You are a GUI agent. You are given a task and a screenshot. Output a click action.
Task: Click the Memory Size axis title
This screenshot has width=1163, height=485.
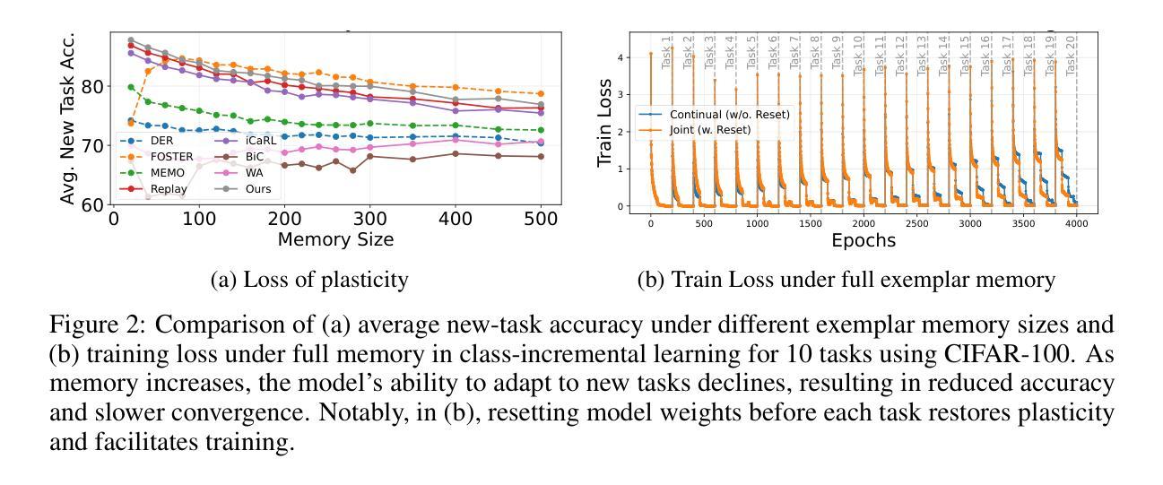[x=335, y=239]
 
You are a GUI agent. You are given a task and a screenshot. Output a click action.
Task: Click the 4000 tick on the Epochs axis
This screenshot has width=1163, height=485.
[x=1076, y=222]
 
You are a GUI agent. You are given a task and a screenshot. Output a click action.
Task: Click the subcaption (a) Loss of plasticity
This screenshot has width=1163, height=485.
[x=309, y=280]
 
